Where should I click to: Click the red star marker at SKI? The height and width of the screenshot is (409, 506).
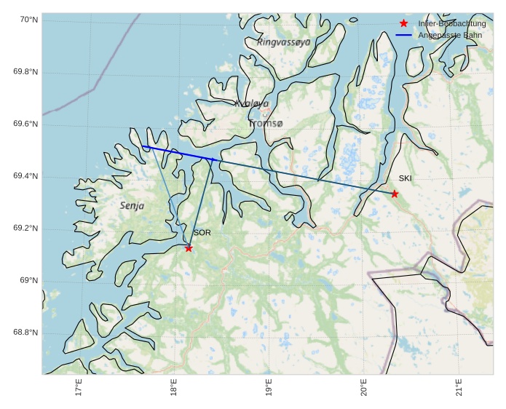[395, 194]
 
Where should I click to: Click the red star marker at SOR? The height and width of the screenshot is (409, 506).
[189, 248]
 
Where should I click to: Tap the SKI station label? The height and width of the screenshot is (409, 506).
[405, 178]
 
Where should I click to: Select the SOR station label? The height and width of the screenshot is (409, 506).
[202, 233]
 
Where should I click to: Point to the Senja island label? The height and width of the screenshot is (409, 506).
[132, 206]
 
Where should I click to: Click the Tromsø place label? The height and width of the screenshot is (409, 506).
[265, 124]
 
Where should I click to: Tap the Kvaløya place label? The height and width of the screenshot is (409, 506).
[252, 104]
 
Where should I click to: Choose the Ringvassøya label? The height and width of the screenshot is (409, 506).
[284, 42]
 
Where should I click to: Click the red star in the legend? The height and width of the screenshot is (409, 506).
[404, 23]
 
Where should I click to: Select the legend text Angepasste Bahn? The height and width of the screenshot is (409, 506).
[450, 35]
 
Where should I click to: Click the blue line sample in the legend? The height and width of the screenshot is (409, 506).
[404, 35]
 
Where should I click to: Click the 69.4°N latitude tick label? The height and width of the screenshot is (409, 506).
[25, 177]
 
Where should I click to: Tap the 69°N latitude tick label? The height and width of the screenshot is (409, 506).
[28, 281]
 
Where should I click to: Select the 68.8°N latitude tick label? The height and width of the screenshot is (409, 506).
[25, 333]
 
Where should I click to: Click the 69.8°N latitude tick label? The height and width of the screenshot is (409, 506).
[25, 72]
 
